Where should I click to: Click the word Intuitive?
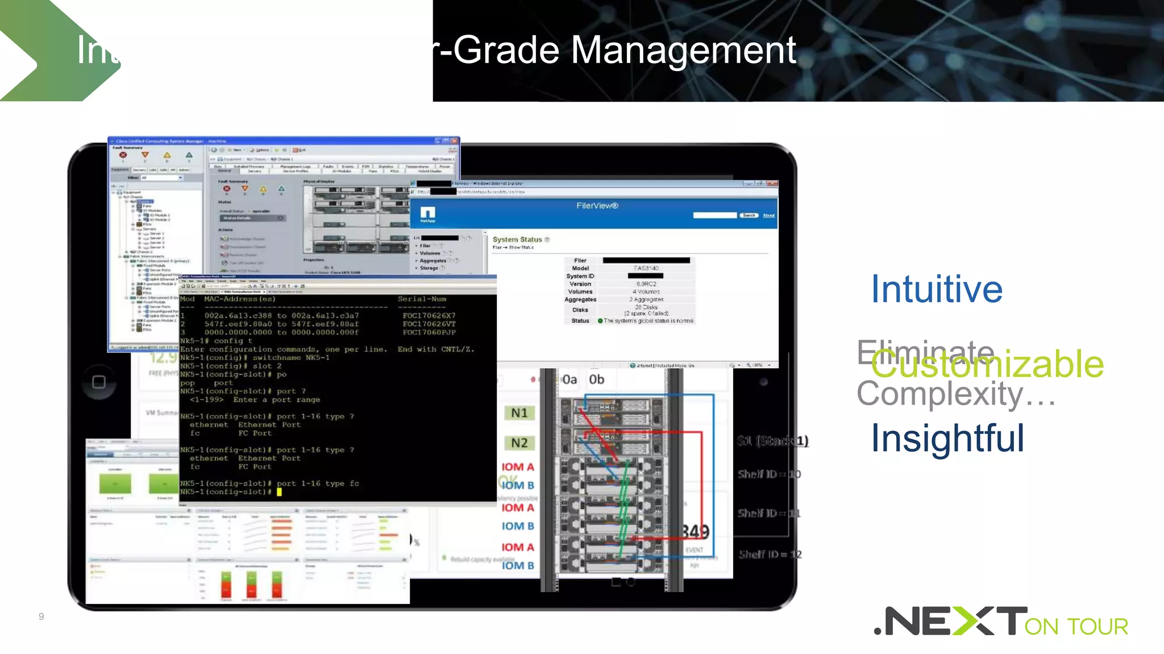937,289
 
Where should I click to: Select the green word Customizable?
987,364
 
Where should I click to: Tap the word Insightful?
947,438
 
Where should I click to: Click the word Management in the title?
683,50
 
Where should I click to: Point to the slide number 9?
41,616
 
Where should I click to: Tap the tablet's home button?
99,382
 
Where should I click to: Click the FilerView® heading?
597,206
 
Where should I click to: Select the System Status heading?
517,240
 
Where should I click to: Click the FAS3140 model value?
646,268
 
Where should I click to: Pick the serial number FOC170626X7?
429,316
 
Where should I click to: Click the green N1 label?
519,413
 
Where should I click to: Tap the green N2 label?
519,443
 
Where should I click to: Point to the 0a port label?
569,380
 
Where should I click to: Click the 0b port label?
596,380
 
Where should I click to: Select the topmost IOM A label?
518,467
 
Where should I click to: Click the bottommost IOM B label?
518,565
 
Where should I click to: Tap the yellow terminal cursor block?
279,492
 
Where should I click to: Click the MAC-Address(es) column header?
239,299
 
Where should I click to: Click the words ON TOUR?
1076,627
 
